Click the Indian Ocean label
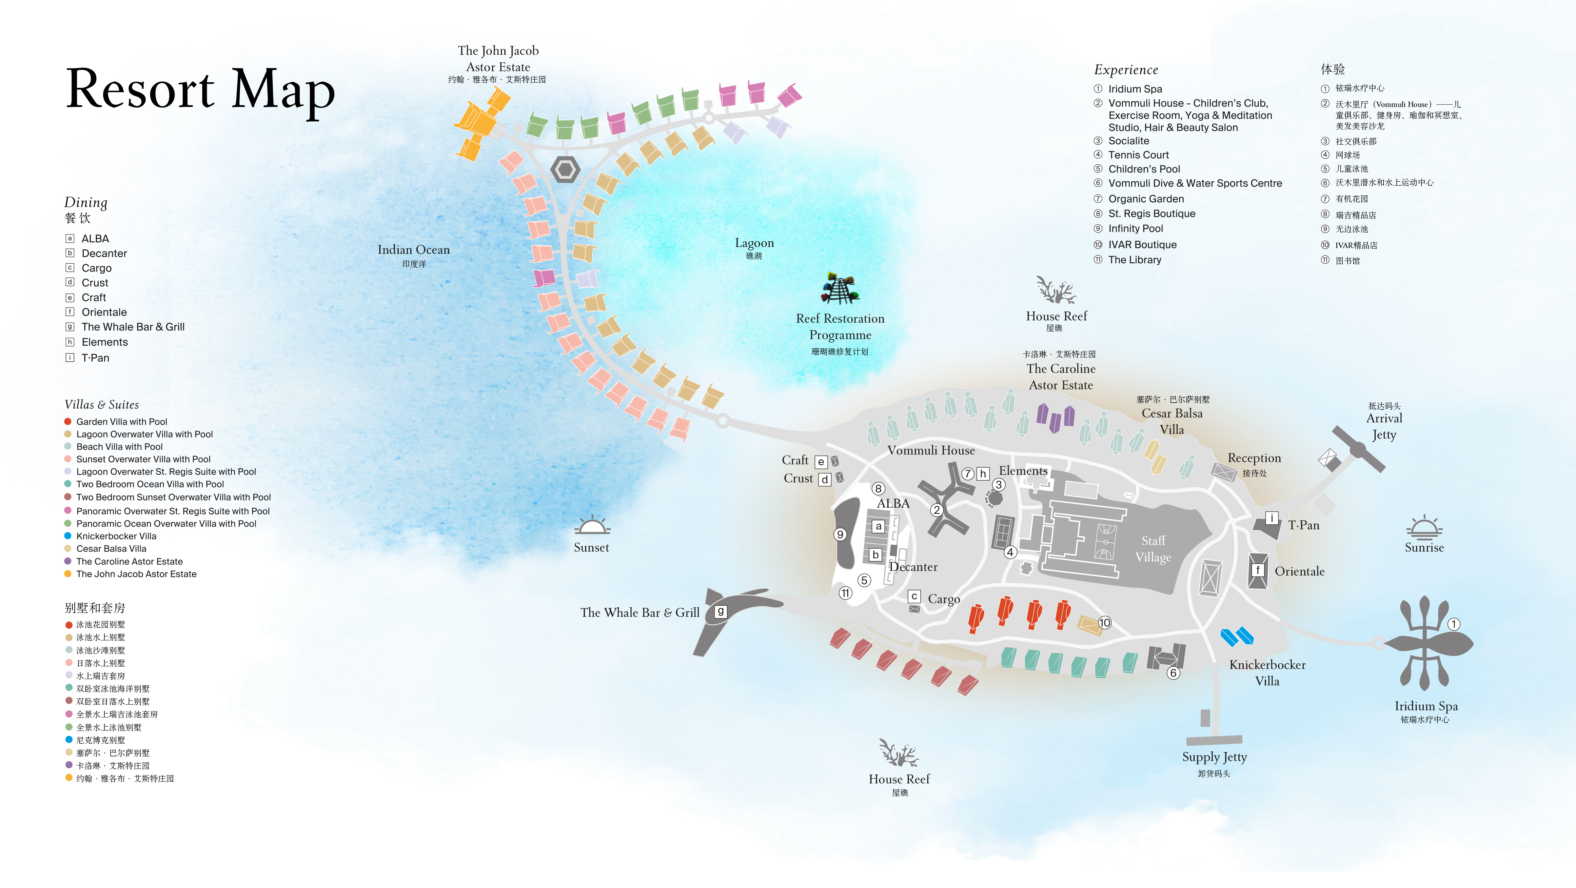[x=414, y=250]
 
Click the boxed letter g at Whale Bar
[x=721, y=611]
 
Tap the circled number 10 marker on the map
[x=1104, y=622]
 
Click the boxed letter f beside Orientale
[x=1257, y=570]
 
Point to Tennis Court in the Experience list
[x=1138, y=155]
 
